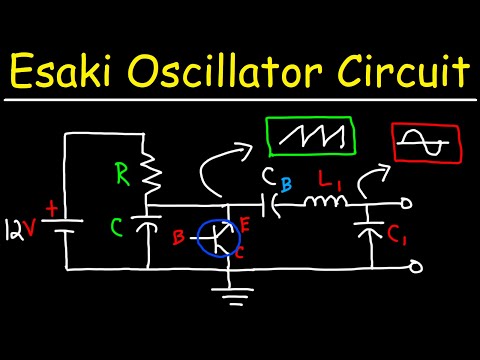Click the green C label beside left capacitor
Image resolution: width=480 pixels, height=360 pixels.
pyautogui.click(x=118, y=231)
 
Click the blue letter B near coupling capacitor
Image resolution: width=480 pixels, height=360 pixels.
pyautogui.click(x=286, y=184)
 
